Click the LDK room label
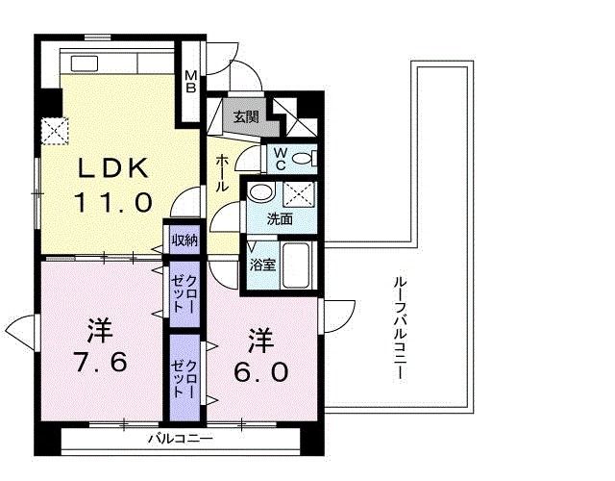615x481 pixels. tap(112, 168)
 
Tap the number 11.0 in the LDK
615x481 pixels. tap(113, 203)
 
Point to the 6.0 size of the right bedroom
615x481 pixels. tap(255, 371)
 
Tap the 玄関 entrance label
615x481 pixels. tap(245, 117)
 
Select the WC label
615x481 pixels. tap(280, 158)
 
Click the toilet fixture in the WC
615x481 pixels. tap(303, 158)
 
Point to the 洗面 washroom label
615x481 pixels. tap(280, 218)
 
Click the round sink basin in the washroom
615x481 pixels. tap(258, 193)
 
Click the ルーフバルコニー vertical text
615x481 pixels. tap(399, 327)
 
